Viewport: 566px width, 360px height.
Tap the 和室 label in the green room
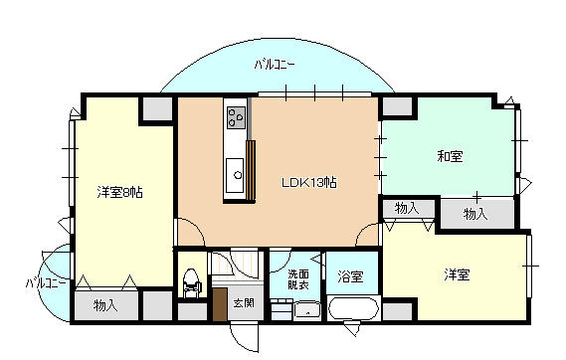[x=451, y=156]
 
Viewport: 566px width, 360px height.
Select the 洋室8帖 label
[x=119, y=191]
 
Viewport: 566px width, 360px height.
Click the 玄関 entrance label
[x=244, y=302]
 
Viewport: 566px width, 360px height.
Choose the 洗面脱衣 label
[x=298, y=279]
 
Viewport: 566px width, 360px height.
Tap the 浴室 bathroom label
[x=349, y=276]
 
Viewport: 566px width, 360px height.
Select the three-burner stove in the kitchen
[x=236, y=118]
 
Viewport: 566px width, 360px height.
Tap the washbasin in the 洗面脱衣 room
[x=308, y=311]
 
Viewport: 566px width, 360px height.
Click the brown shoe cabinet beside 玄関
[x=220, y=304]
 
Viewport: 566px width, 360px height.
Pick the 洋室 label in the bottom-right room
[x=457, y=274]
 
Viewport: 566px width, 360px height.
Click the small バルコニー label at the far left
[x=46, y=283]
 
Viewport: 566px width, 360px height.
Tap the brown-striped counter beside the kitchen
[x=252, y=173]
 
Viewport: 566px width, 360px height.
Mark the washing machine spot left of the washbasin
[x=281, y=311]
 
